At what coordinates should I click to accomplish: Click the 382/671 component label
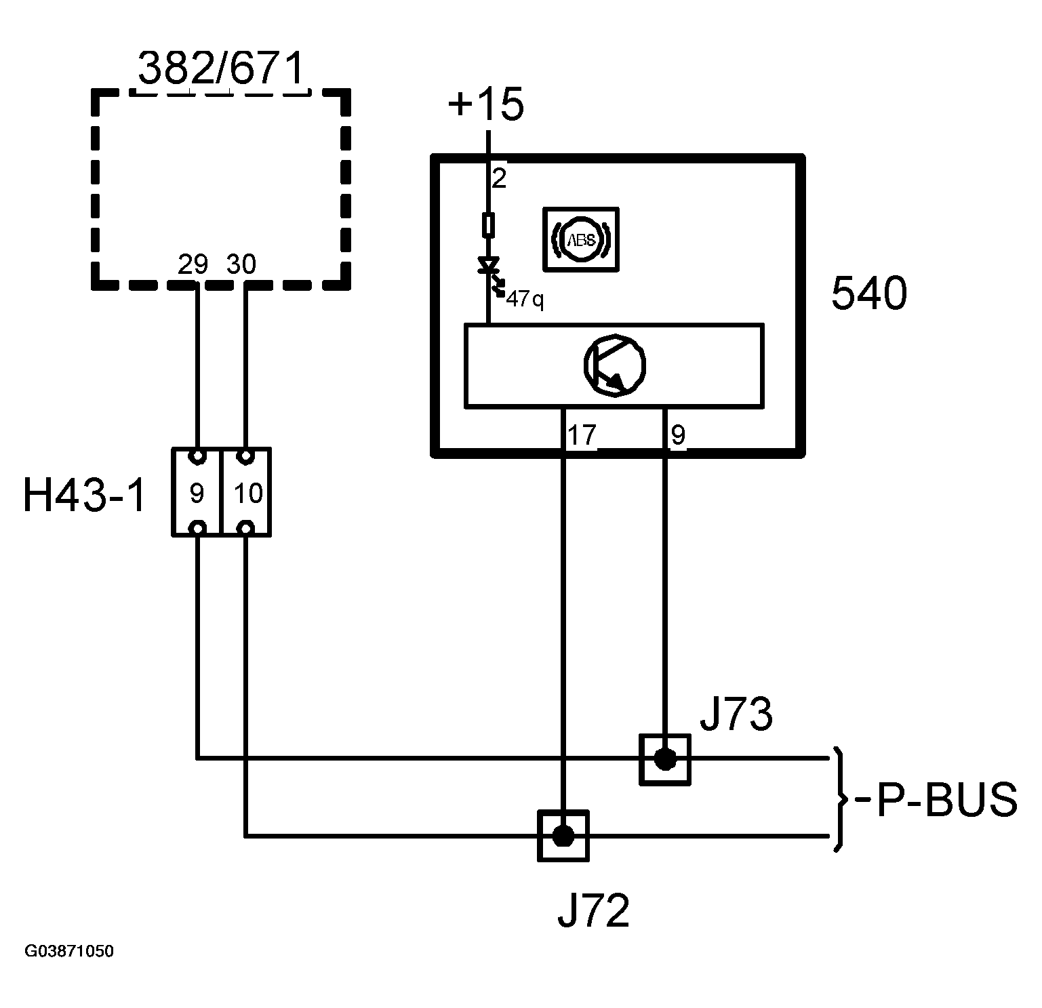tap(221, 68)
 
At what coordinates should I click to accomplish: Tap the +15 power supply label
tap(486, 105)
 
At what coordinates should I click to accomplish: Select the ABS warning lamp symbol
tap(581, 239)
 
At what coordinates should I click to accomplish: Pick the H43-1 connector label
tap(85, 495)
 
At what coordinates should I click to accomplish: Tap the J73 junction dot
tap(665, 759)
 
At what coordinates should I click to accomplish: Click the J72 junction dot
tap(563, 836)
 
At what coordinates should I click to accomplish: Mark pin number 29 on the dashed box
tap(193, 264)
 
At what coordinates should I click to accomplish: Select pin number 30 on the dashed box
tap(241, 264)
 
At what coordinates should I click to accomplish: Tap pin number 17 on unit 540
tap(582, 435)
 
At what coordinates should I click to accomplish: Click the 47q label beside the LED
tap(525, 299)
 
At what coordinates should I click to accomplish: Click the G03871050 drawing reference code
tap(69, 951)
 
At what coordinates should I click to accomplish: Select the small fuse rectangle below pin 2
tap(488, 224)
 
